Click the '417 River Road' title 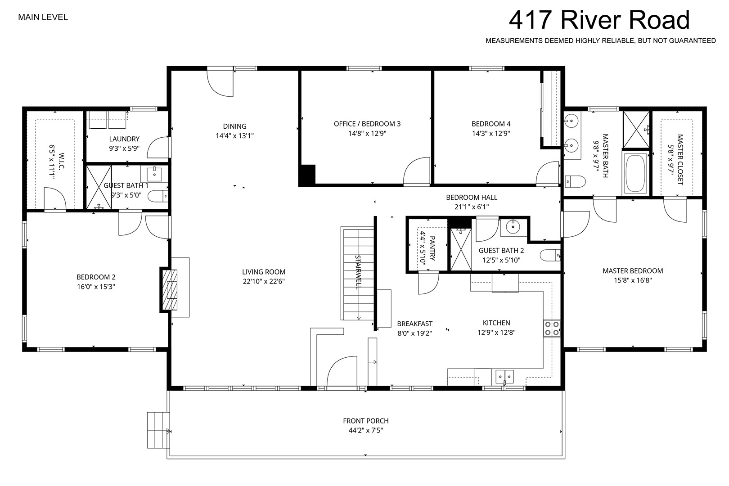click(x=599, y=20)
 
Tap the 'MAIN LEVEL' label click(x=43, y=17)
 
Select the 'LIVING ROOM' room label click(x=264, y=272)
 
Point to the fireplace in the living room click(x=169, y=290)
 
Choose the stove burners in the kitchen click(x=552, y=328)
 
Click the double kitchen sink click(x=504, y=377)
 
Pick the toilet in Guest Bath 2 click(x=550, y=255)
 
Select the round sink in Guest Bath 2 click(x=513, y=227)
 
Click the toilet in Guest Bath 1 click(x=158, y=196)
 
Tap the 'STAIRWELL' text click(x=358, y=272)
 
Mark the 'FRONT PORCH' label click(x=366, y=421)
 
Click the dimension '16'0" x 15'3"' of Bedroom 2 click(x=96, y=287)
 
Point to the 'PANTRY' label click(x=432, y=248)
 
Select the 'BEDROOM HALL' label click(x=472, y=197)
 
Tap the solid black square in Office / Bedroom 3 click(x=307, y=175)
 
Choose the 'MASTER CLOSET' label click(x=680, y=160)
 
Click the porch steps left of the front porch click(x=158, y=430)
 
